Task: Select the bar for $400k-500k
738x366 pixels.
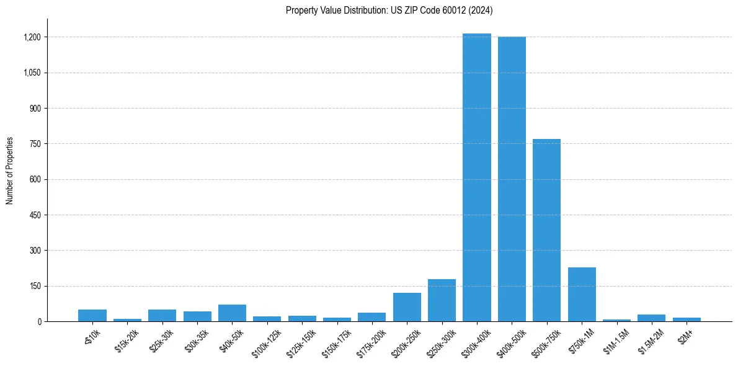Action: (512, 179)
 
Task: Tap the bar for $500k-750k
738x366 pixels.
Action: (546, 230)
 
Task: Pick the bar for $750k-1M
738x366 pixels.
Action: (582, 294)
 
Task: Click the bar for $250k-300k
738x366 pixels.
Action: (442, 300)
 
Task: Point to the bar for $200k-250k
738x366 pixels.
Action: (407, 307)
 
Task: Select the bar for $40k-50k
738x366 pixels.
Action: (232, 313)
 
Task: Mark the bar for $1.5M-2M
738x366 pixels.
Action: (651, 318)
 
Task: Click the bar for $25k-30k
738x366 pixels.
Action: (162, 316)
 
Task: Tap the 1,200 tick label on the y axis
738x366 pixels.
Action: (32, 37)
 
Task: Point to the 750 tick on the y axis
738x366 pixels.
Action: (35, 144)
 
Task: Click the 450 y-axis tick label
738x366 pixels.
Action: (35, 215)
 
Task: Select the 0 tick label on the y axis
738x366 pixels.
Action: (39, 322)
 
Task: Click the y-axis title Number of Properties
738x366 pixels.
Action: (10, 171)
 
